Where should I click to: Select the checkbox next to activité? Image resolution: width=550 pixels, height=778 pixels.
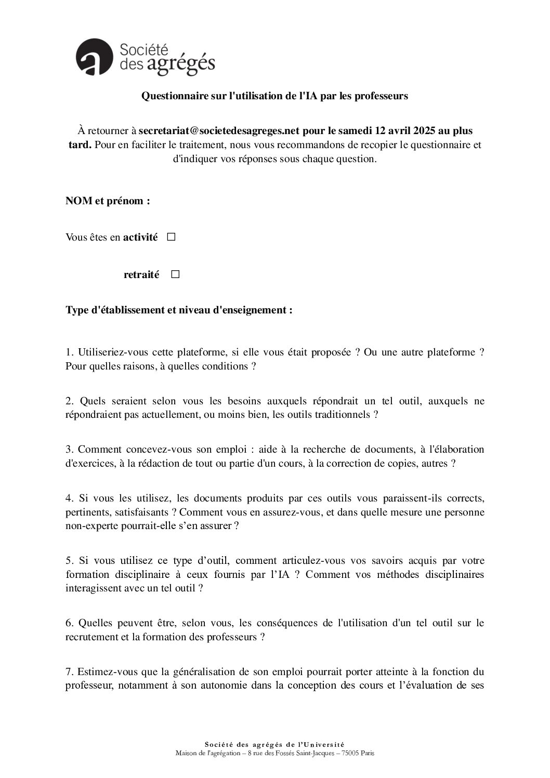point(172,238)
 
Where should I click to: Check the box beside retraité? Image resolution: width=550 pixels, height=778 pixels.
point(175,274)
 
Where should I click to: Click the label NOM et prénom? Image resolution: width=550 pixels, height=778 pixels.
point(108,201)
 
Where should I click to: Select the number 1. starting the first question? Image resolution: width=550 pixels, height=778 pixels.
point(70,352)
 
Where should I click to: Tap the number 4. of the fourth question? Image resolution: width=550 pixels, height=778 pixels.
point(70,498)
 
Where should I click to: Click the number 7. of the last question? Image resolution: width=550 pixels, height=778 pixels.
point(70,671)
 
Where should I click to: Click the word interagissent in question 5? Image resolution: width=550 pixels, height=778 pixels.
point(93,588)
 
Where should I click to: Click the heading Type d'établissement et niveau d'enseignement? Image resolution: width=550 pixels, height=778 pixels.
point(179,311)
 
